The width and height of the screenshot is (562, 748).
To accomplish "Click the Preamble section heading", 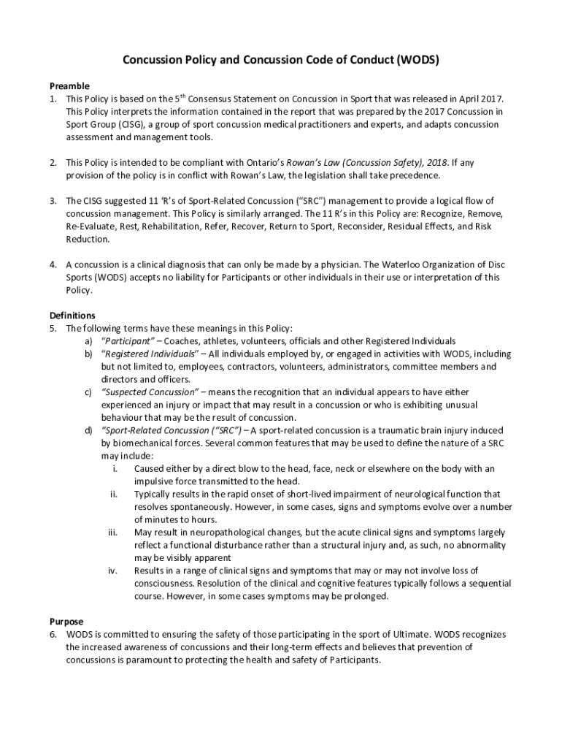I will click(69, 85).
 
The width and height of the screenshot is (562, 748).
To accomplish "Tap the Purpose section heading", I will click(66, 622).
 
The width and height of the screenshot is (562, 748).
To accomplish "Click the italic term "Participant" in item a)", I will click(128, 341).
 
